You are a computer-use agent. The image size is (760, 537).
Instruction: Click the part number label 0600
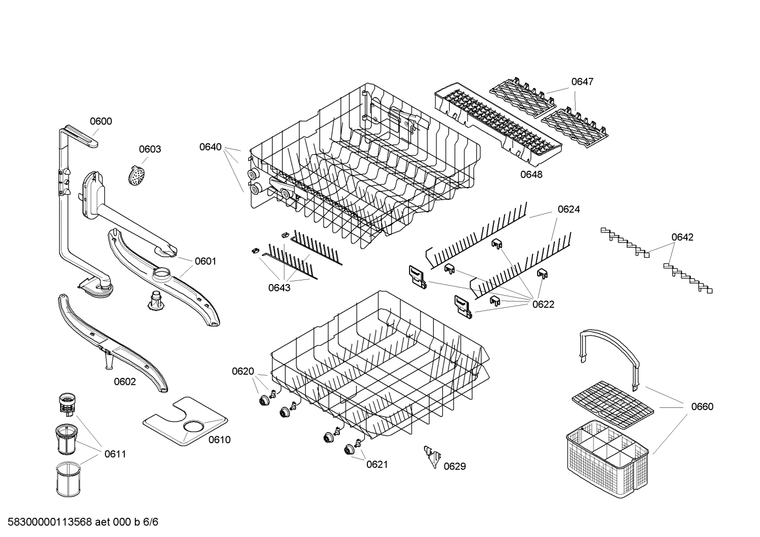(101, 122)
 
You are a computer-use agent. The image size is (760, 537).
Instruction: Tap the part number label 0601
(206, 261)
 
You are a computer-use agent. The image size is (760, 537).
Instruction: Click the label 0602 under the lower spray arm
(125, 382)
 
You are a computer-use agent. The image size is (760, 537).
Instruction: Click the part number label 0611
(115, 454)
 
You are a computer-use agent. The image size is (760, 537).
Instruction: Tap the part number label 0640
(210, 147)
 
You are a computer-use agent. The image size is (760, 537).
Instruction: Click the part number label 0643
(279, 288)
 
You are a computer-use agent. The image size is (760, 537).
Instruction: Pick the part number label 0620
(243, 372)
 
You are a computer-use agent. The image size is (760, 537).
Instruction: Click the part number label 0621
(377, 464)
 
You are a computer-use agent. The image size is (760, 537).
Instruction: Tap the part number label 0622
(543, 305)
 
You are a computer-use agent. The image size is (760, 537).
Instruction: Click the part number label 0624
(569, 210)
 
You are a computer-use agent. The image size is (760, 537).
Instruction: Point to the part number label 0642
(682, 237)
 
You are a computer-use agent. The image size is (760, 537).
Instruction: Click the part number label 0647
(582, 82)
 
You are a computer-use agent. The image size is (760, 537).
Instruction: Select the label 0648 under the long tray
(531, 174)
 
